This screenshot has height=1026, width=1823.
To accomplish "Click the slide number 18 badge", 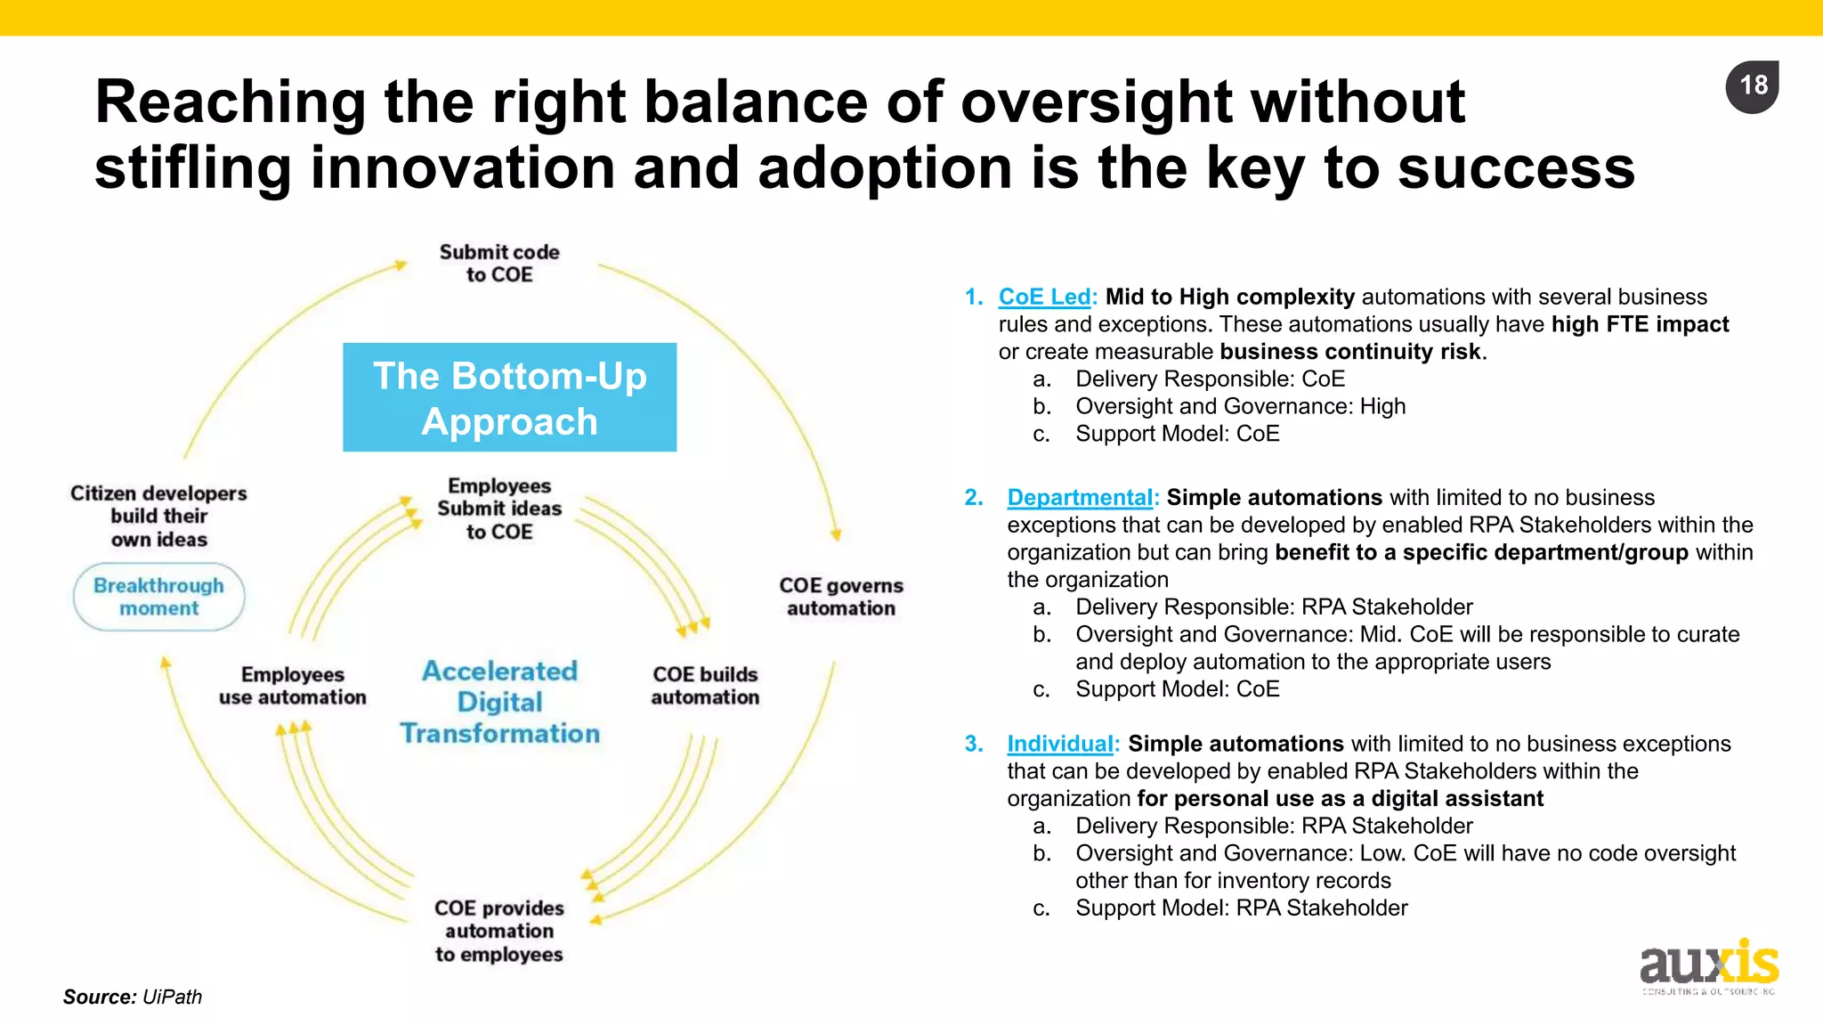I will (1752, 86).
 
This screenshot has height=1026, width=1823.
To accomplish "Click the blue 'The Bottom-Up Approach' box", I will (509, 397).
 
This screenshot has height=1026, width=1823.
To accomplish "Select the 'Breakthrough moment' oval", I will (158, 597).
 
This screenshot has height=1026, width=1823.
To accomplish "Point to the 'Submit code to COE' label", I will (499, 264).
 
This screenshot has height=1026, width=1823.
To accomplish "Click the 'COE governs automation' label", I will (841, 597).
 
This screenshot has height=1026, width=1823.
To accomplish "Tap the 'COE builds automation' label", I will (705, 686).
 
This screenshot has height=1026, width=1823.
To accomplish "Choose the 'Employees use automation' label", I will (293, 686).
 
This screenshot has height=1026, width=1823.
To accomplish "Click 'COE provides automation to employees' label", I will (499, 931).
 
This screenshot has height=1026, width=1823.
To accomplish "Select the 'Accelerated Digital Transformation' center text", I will (499, 702).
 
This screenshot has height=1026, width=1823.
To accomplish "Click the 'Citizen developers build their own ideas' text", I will (158, 517).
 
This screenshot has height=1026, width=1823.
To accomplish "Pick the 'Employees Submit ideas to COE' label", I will (499, 509).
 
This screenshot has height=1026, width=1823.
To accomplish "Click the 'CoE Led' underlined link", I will (1045, 297).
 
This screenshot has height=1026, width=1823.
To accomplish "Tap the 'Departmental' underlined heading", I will (1081, 498).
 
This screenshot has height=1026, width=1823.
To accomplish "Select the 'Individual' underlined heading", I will (1060, 744).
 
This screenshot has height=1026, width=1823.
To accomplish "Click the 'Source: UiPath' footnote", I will (133, 997).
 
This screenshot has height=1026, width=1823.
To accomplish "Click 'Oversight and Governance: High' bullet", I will (1240, 407).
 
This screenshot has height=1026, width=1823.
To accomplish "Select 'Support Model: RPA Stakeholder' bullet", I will (1241, 908).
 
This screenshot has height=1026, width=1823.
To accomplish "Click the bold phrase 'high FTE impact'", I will (1640, 325).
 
